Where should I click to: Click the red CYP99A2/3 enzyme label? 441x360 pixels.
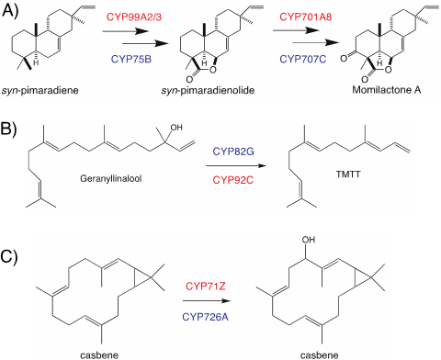pos(134,17)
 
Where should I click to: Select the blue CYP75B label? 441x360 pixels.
pos(131,59)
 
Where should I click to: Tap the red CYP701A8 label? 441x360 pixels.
pos(306,17)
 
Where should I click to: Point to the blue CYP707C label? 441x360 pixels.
pos(303,59)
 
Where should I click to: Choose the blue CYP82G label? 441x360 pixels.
pos(233,152)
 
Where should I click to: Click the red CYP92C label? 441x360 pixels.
pos(233,180)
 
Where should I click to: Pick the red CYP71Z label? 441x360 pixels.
pos(206,287)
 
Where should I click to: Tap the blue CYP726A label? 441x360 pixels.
pos(205,317)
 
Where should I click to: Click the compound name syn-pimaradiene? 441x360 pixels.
pos(40,91)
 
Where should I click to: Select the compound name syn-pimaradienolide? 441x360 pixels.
pos(208,91)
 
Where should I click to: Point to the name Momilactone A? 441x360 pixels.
pos(387,90)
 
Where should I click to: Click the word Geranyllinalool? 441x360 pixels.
pos(111,178)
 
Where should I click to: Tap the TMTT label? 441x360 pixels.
pos(348,174)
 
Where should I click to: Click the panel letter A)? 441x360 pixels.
pos(10,11)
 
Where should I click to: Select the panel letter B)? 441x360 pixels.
pos(9,129)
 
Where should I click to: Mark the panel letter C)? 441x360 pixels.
pos(9,256)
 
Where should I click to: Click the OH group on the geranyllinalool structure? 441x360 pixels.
pos(176,127)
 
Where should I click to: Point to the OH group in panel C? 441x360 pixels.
pos(309,240)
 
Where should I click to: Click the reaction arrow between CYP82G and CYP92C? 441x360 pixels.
pos(235,166)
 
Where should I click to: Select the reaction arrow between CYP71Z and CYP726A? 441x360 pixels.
pos(206,301)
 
